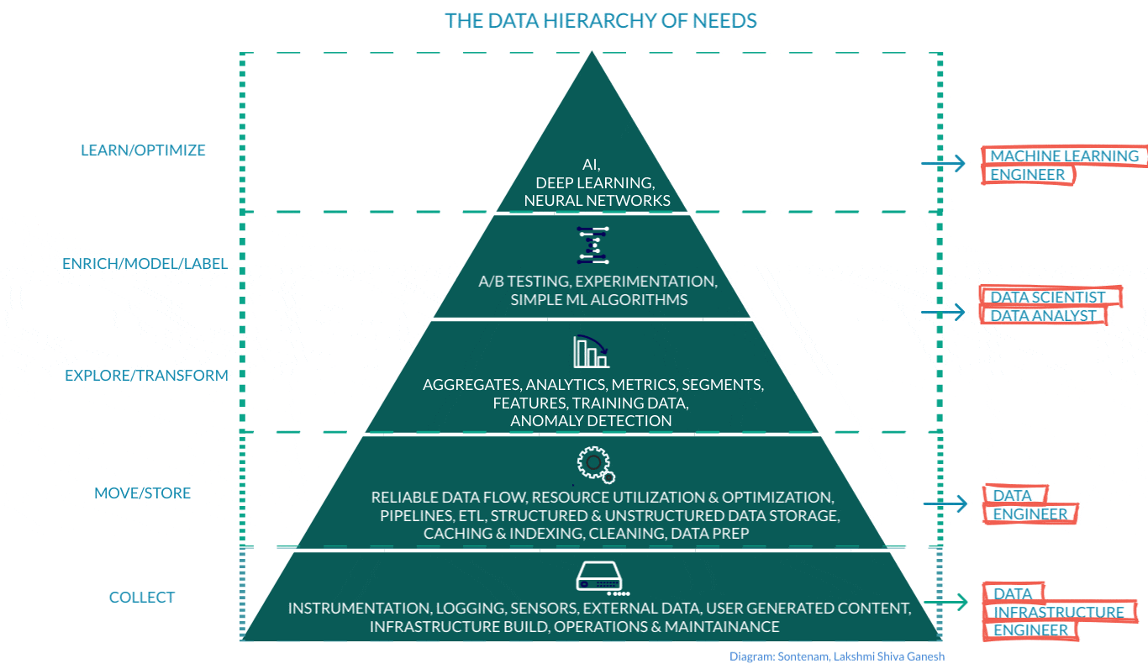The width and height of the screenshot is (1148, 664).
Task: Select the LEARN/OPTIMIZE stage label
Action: tap(143, 150)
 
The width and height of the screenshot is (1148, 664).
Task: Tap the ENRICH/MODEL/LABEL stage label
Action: tap(145, 264)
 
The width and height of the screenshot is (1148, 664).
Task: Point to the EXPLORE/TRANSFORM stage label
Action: tap(146, 376)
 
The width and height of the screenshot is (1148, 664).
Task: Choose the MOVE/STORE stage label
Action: tap(142, 493)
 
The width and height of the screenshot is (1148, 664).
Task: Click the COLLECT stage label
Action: tap(142, 598)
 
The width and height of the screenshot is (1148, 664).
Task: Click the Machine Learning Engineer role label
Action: tap(1063, 166)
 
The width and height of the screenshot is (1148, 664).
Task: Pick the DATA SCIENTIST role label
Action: tap(1048, 297)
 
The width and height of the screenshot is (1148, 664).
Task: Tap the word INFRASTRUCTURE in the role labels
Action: tap(1058, 613)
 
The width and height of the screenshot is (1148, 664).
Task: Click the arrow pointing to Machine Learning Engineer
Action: tap(944, 163)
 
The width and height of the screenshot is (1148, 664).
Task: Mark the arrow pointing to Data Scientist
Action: tap(944, 313)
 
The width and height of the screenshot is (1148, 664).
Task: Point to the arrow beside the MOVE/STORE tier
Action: tap(945, 504)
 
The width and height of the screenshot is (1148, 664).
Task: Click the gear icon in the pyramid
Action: tap(594, 463)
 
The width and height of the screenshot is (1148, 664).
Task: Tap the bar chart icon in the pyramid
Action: tap(591, 351)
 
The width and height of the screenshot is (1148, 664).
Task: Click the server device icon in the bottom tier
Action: tap(598, 579)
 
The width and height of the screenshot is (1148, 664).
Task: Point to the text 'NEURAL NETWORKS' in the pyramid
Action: tap(597, 201)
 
